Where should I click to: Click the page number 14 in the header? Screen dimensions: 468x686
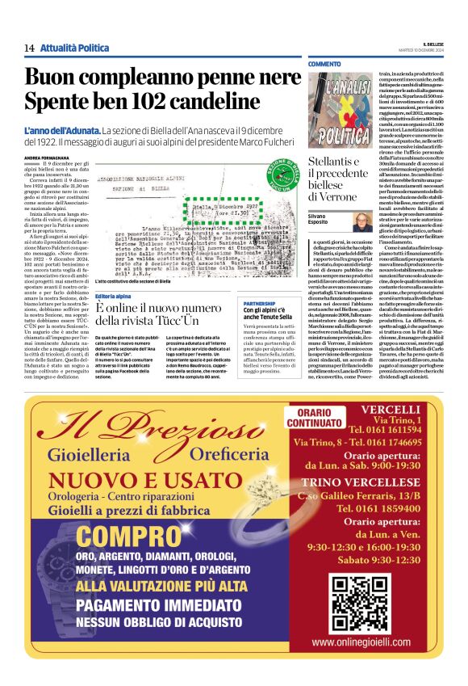(x=29, y=48)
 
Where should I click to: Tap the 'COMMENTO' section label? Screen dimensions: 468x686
(x=324, y=64)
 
